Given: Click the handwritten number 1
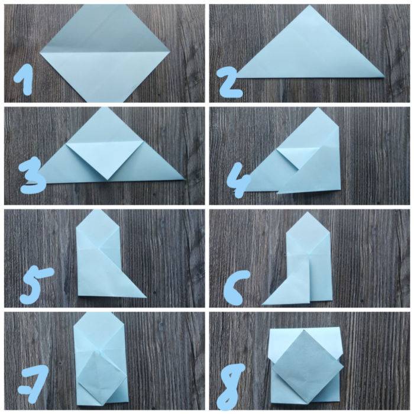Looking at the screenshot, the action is tap(24, 80).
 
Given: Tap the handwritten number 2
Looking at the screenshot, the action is tap(229, 82).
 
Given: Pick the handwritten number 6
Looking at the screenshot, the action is tap(234, 289).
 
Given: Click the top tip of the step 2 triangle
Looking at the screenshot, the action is tap(310, 5).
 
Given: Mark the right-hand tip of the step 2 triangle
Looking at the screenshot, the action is tap(384, 77).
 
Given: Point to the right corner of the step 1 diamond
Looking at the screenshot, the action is tap(170, 51).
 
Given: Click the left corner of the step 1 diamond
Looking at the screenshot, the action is tap(40, 53).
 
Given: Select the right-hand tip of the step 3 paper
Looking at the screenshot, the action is tap(185, 179).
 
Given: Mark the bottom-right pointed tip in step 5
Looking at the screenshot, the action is tap(146, 297).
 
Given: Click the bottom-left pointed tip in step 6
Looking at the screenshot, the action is tap(262, 304).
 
